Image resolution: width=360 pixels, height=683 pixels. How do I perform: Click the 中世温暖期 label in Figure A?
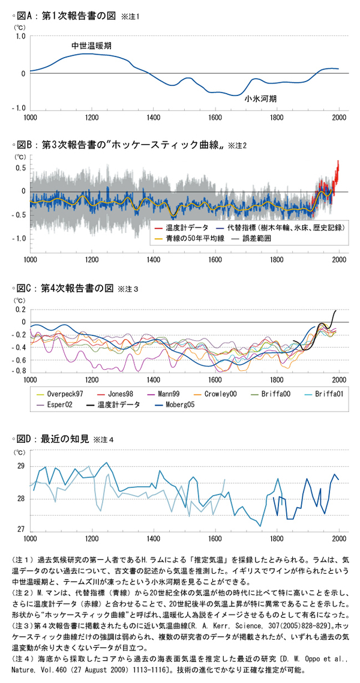pos(91,46)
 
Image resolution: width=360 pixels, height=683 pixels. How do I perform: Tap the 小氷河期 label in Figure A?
pos(260,99)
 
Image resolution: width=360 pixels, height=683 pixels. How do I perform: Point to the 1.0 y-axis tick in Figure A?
pos(20,37)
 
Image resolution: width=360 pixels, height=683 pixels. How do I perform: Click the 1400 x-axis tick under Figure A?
pos(154,118)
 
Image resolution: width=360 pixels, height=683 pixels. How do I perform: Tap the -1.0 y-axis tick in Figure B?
pos(19,238)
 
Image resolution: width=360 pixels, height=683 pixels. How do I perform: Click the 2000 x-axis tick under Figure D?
pos(339,538)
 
